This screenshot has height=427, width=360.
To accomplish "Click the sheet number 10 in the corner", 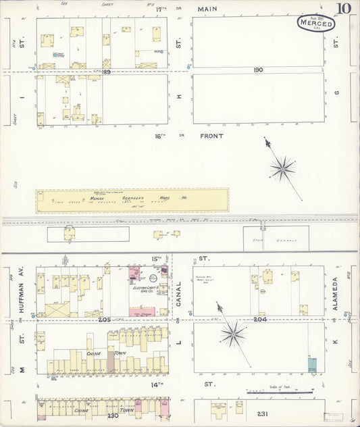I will (x=345, y=9).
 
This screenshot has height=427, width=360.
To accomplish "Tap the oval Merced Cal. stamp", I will (x=317, y=24).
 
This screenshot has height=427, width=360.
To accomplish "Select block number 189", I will (x=106, y=72).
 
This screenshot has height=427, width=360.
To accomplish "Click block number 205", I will (x=103, y=320).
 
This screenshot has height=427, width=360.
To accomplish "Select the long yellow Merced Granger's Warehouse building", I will (x=132, y=200).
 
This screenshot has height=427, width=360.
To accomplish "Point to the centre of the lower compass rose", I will (x=234, y=333).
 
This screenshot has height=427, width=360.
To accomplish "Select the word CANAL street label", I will (x=180, y=291).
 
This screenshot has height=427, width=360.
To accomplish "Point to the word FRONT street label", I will (x=211, y=135).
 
